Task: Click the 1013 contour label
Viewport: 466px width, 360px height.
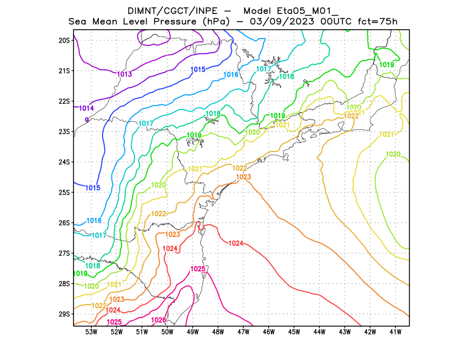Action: [124, 74]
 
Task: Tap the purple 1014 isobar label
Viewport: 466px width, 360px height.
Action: [87, 108]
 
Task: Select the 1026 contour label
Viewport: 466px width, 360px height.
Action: [158, 320]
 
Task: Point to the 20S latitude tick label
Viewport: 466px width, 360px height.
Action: [64, 40]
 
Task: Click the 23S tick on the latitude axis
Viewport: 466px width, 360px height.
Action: [64, 132]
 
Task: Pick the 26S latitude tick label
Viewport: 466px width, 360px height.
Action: [64, 223]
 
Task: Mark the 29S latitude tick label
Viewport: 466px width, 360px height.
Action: [64, 314]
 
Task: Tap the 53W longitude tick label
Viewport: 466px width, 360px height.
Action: [91, 332]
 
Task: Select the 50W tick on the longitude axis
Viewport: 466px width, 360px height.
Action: [167, 332]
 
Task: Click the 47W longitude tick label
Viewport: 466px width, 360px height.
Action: [243, 332]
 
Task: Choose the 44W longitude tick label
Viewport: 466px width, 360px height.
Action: [319, 332]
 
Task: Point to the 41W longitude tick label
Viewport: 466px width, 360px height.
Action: [396, 332]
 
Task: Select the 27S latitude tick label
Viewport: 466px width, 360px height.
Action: [64, 253]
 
